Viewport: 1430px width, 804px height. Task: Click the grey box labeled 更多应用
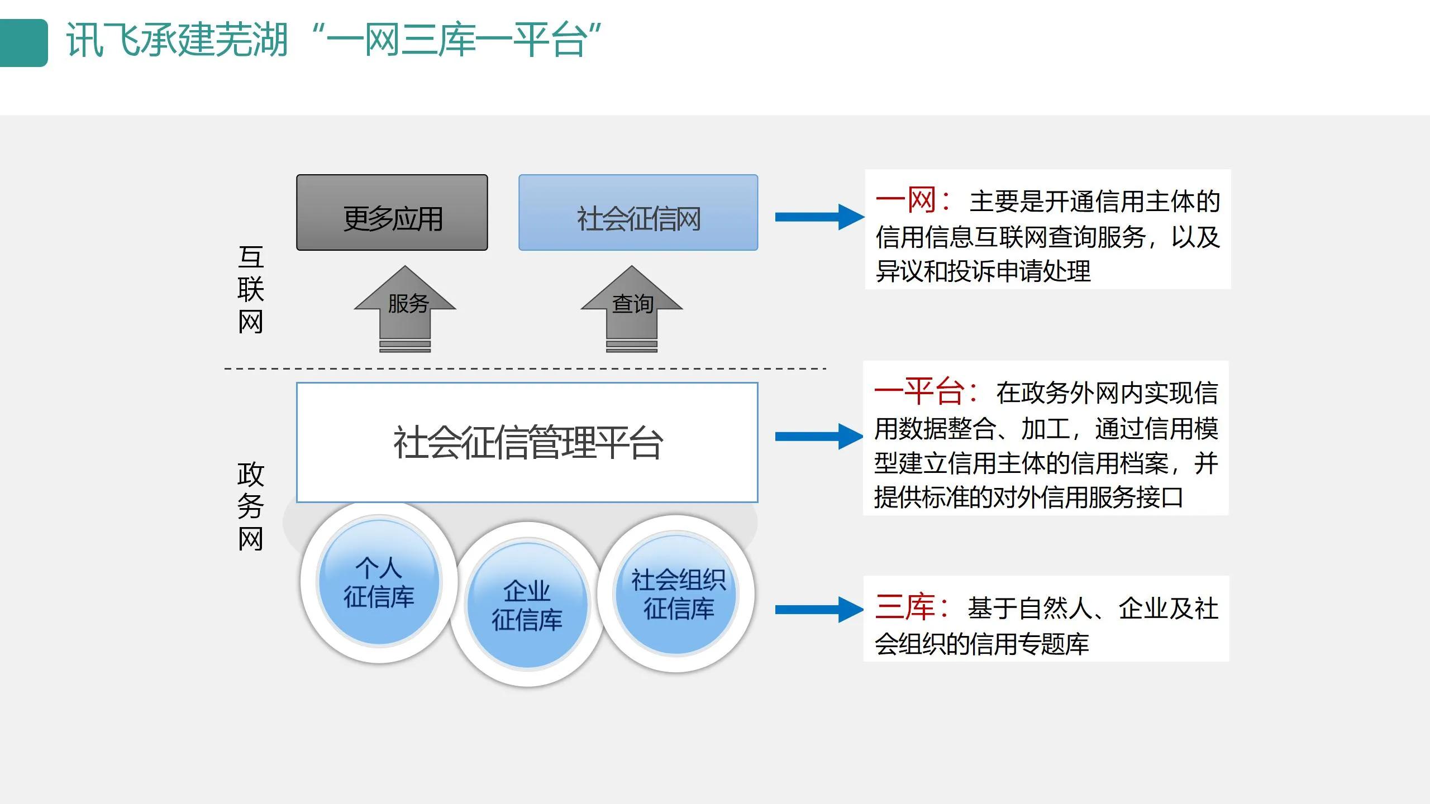pyautogui.click(x=392, y=213)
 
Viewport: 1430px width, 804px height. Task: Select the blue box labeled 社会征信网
pyautogui.click(x=638, y=213)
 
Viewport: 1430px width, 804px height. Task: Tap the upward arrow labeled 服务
pyautogui.click(x=406, y=307)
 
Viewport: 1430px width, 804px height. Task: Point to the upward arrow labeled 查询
pyautogui.click(x=632, y=307)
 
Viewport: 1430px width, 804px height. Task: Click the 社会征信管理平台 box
pyautogui.click(x=527, y=442)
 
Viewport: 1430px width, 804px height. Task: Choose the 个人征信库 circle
pyautogui.click(x=379, y=582)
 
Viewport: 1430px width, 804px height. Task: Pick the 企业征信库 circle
pyautogui.click(x=527, y=605)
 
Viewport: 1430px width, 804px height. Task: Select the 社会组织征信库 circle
pyautogui.click(x=677, y=594)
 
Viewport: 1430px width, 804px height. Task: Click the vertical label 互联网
pyautogui.click(x=250, y=290)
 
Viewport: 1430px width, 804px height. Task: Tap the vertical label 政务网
pyautogui.click(x=250, y=506)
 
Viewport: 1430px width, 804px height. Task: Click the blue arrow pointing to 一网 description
pyautogui.click(x=819, y=217)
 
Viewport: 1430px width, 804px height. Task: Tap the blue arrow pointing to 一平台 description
pyautogui.click(x=819, y=437)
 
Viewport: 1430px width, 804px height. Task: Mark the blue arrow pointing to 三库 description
pyautogui.click(x=819, y=610)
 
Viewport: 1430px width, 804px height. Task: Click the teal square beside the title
pyautogui.click(x=23, y=43)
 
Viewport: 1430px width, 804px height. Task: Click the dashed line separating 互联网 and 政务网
pyautogui.click(x=525, y=368)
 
